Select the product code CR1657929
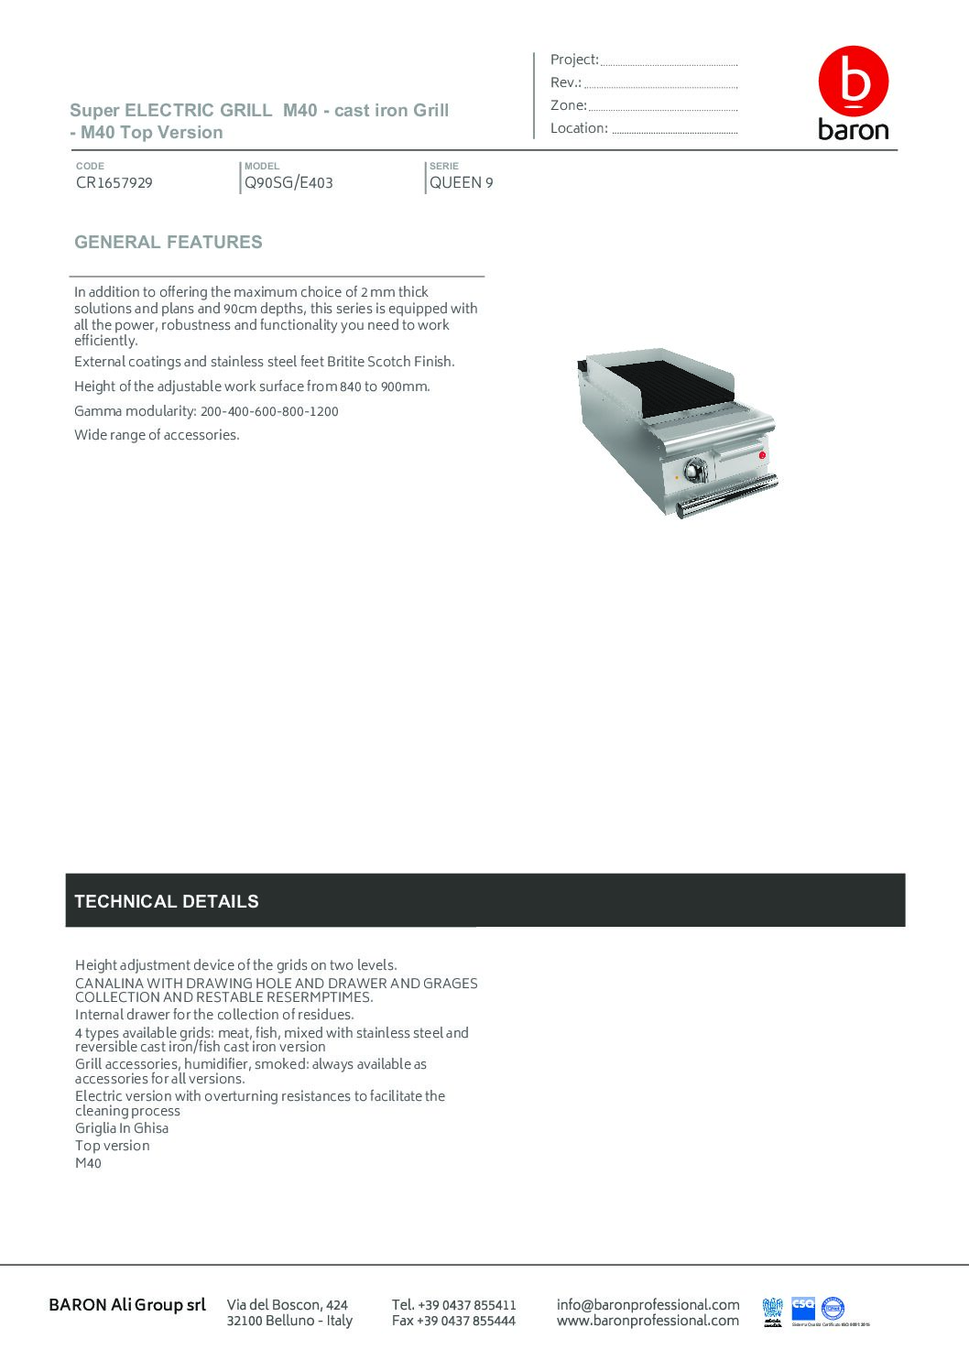pyautogui.click(x=114, y=182)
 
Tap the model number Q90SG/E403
pyautogui.click(x=289, y=182)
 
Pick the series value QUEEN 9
pyautogui.click(x=462, y=182)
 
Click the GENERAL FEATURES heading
pyautogui.click(x=169, y=242)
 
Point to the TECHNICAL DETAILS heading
pyautogui.click(x=167, y=901)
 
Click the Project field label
pyautogui.click(x=574, y=60)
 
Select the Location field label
pyautogui.click(x=579, y=128)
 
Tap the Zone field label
pyautogui.click(x=568, y=105)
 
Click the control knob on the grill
pyautogui.click(x=695, y=469)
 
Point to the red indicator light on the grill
pyautogui.click(x=762, y=455)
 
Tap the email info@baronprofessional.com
pyautogui.click(x=648, y=1304)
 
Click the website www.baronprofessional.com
pyautogui.click(x=648, y=1321)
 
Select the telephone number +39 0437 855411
pyautogui.click(x=466, y=1304)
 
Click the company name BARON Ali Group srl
pyautogui.click(x=127, y=1304)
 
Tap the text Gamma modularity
pyautogui.click(x=136, y=411)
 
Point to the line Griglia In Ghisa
pyautogui.click(x=122, y=1128)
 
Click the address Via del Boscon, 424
pyautogui.click(x=288, y=1304)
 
